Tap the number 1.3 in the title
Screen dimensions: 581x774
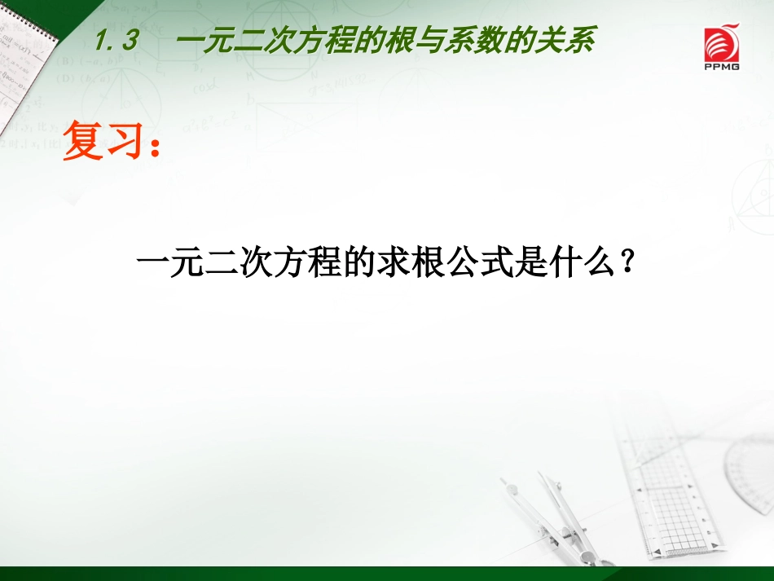pos(117,41)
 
